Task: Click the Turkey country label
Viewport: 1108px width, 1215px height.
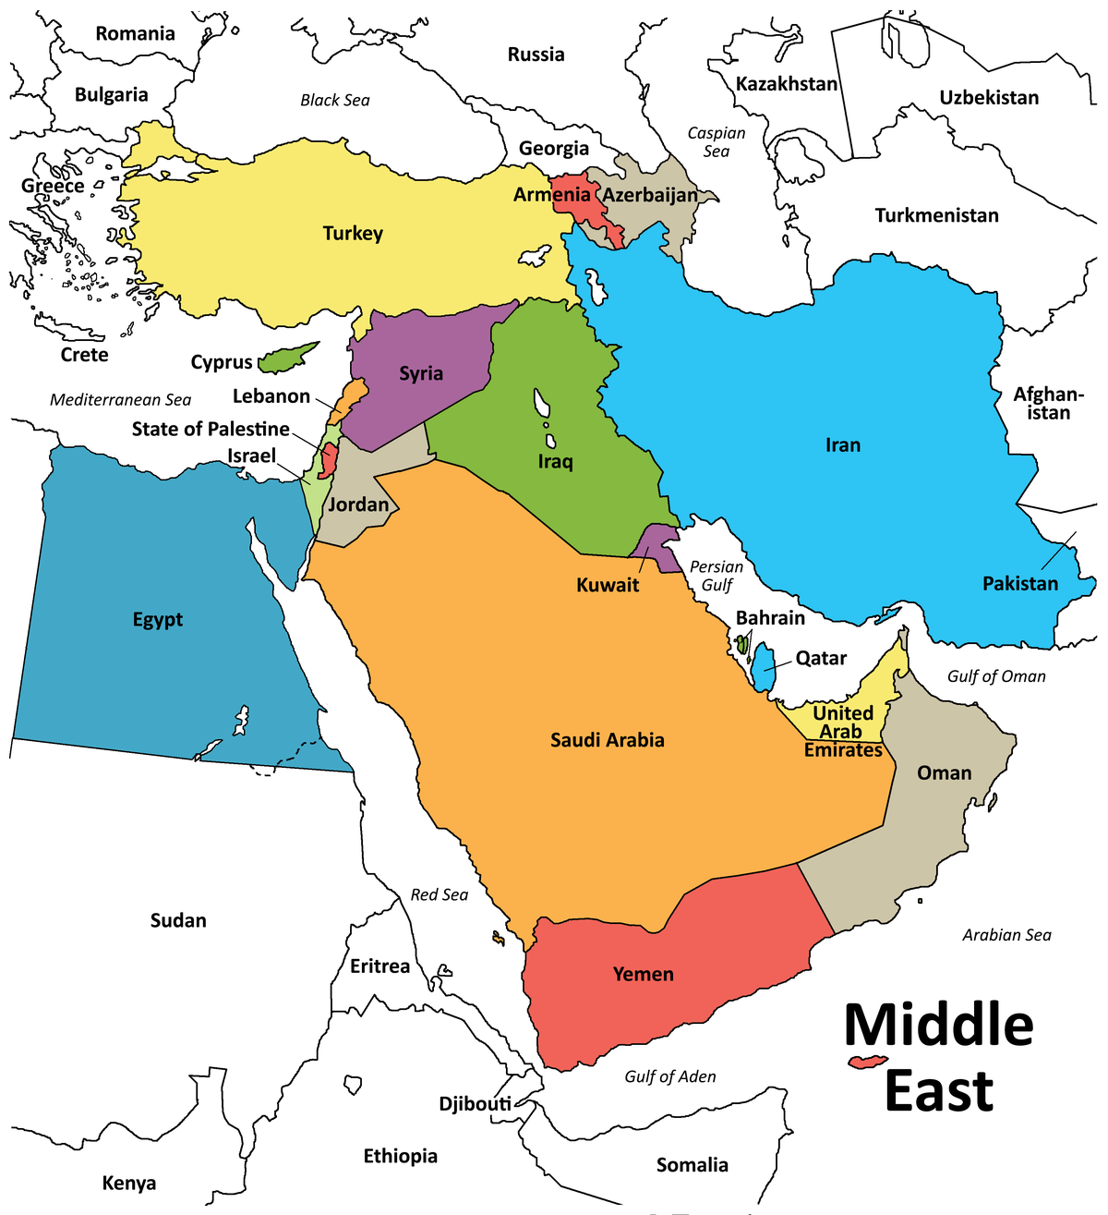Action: [x=353, y=233]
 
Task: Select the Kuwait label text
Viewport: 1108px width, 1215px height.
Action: [x=608, y=585]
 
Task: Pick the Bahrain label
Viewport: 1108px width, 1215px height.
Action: [x=770, y=618]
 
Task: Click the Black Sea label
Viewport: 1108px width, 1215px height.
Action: [x=334, y=100]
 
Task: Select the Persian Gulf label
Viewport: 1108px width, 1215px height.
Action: [x=717, y=576]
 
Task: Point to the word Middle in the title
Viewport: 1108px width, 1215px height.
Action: [x=938, y=1025]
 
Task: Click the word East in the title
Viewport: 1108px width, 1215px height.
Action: [x=938, y=1091]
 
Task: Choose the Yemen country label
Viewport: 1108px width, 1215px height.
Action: [x=644, y=974]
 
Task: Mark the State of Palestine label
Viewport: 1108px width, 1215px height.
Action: [x=211, y=429]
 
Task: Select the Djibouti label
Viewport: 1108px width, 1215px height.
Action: [x=475, y=1103]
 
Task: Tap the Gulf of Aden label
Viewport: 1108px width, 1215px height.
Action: [x=669, y=1076]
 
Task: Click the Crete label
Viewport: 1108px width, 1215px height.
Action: [x=84, y=355]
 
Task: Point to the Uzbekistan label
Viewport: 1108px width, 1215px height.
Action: [x=989, y=98]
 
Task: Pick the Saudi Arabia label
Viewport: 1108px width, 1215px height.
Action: [x=608, y=740]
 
